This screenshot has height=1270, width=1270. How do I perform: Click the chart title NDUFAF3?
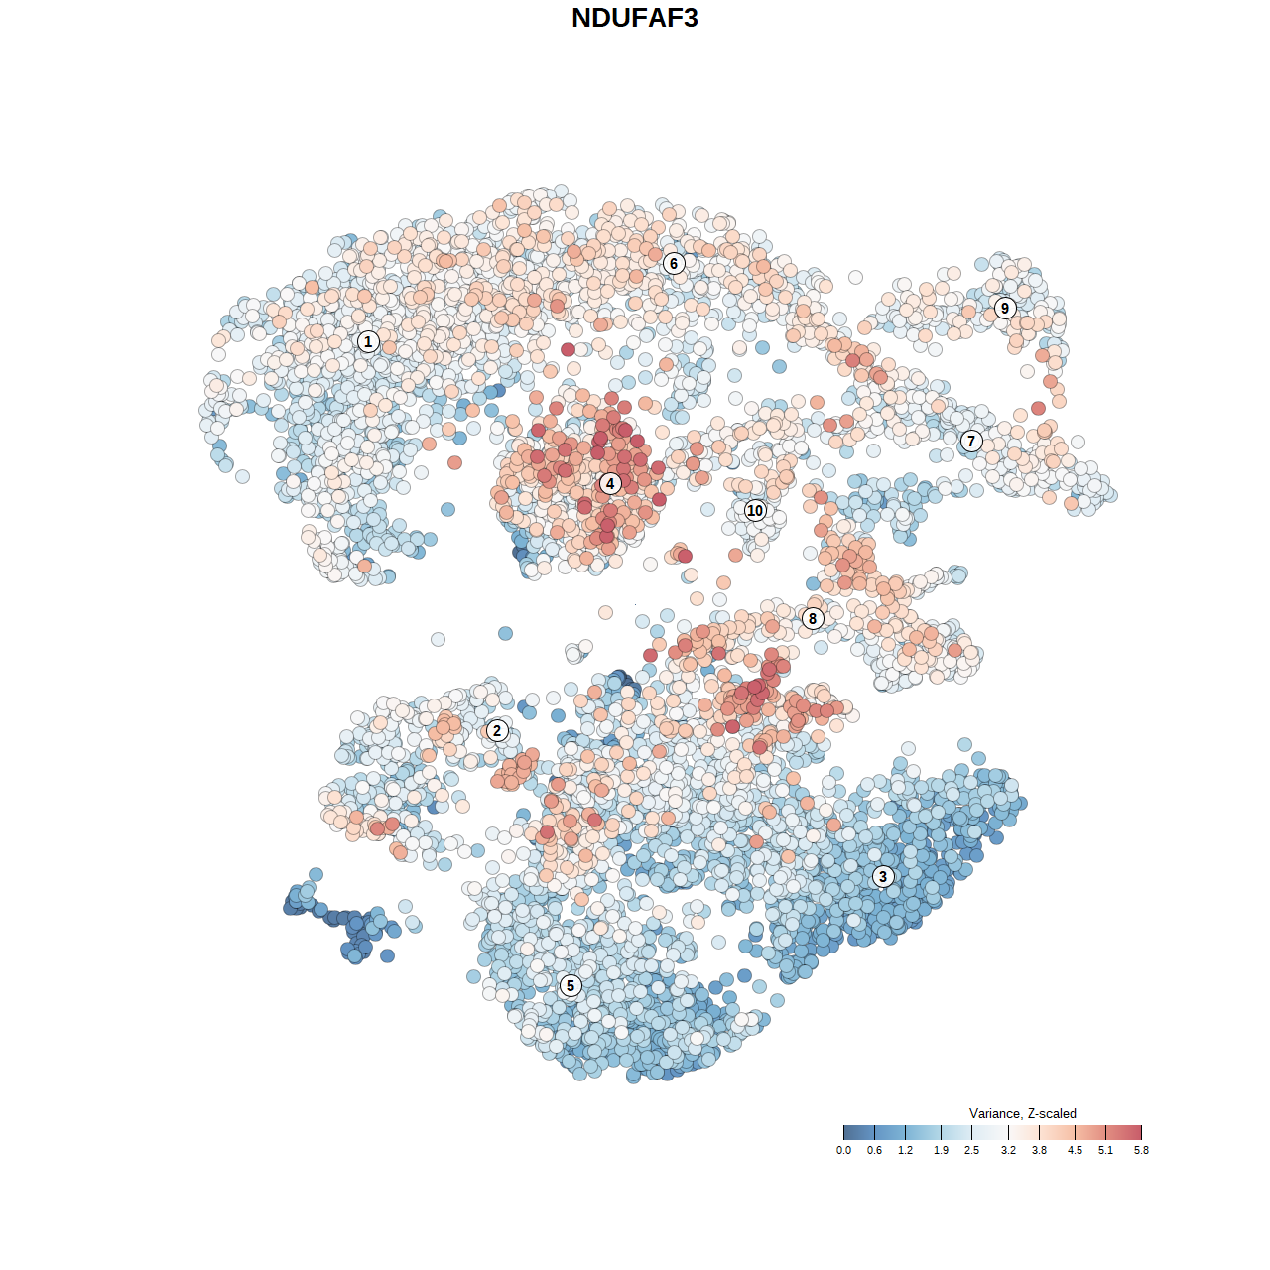pos(635,18)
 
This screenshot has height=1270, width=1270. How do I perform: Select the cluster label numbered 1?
pos(368,341)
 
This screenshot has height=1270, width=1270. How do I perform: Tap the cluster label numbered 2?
pos(497,731)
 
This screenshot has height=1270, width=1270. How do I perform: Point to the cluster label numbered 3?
pos(883,876)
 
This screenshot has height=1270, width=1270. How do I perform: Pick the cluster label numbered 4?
pos(610,484)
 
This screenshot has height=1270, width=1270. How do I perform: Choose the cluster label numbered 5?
pos(570,985)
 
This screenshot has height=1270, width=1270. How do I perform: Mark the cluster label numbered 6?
pos(674,263)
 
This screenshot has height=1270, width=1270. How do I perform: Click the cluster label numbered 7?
pos(971,442)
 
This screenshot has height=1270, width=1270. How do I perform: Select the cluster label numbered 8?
pos(813,619)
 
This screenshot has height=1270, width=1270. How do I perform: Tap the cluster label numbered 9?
pos(1005,308)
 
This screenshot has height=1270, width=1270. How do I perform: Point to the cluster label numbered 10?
pos(755,510)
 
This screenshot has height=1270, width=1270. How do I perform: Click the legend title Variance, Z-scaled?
pos(1022,1113)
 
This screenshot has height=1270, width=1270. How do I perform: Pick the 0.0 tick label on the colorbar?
pos(843,1150)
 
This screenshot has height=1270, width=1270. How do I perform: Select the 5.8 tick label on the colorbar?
pos(1141,1150)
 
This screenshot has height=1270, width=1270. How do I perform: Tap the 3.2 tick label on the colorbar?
pos(1008,1150)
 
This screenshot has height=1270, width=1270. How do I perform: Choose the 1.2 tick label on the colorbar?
pos(906,1150)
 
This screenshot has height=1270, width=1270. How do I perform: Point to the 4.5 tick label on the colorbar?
pos(1075,1150)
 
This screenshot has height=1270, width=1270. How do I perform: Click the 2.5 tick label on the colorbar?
pos(971,1150)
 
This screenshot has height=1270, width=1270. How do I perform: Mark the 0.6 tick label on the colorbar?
pos(874,1150)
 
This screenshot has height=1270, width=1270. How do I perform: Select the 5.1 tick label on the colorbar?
pos(1105,1150)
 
